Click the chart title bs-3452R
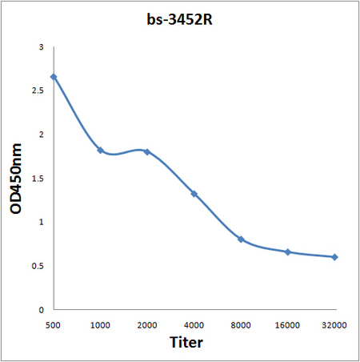point(180,19)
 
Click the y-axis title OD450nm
point(16,179)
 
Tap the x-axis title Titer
point(186,342)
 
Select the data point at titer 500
point(54,77)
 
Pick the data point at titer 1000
point(101,151)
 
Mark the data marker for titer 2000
point(147,152)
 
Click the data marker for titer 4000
point(194,194)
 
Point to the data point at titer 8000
point(241,239)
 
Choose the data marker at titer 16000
point(288,252)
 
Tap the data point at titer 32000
point(334,257)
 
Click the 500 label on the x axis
point(53,325)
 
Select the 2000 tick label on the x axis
point(147,325)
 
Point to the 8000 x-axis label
point(241,325)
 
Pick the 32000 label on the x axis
point(334,325)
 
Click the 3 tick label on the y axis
point(41,47)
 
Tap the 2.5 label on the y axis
point(38,90)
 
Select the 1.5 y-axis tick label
point(38,179)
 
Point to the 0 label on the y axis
point(41,310)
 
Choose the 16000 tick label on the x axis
point(287,325)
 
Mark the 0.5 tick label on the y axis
point(38,266)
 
